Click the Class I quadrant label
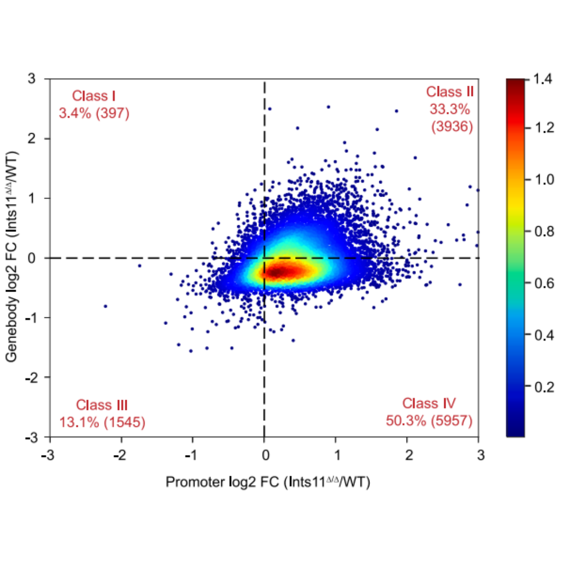[x=94, y=96]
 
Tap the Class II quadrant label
[x=450, y=92]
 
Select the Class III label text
[x=102, y=405]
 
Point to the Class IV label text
[x=429, y=403]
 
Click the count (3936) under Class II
[x=452, y=127]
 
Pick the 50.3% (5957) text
[x=429, y=421]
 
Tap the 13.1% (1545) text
[x=102, y=422]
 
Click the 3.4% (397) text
[x=94, y=113]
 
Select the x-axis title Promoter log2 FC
[x=268, y=482]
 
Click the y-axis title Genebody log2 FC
[x=12, y=257]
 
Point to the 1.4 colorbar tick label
[x=544, y=79]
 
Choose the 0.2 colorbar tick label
[x=544, y=387]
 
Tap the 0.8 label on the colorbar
[x=544, y=231]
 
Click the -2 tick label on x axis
[x=120, y=455]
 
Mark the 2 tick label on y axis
[x=32, y=139]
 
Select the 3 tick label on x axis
[x=480, y=455]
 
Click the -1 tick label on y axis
[x=31, y=318]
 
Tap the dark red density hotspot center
[x=280, y=271]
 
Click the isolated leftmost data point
[x=105, y=306]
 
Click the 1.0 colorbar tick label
[x=544, y=179]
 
